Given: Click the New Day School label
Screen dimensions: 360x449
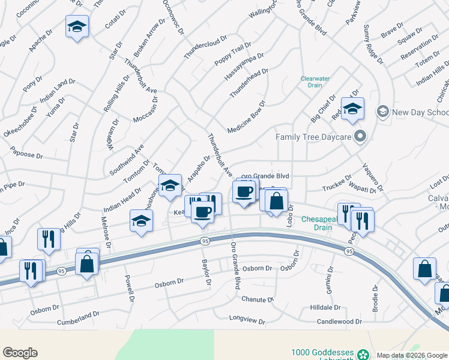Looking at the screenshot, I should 420,112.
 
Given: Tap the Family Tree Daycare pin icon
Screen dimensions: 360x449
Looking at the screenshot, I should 360,137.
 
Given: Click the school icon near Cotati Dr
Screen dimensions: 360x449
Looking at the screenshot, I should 77,27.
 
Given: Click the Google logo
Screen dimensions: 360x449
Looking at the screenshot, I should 20,353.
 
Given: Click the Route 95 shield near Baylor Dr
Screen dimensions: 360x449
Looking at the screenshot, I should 205,241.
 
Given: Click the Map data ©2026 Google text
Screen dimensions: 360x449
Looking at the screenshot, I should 412,355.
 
